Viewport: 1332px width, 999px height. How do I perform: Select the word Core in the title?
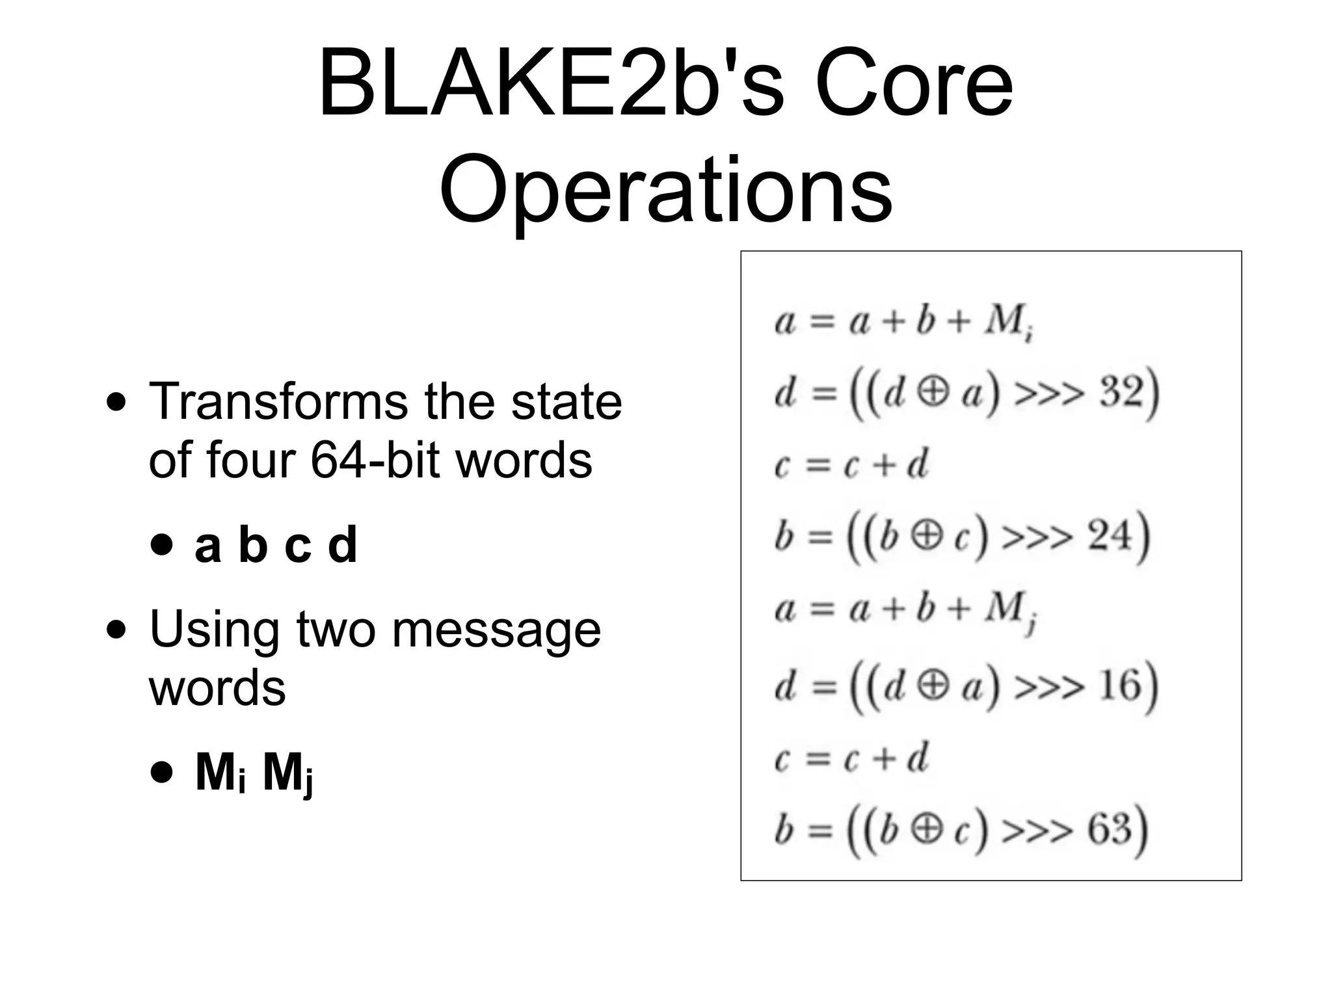913,85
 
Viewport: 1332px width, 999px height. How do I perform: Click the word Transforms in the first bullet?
279,402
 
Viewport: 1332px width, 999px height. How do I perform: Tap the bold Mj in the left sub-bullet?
287,774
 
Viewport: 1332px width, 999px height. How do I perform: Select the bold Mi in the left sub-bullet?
220,774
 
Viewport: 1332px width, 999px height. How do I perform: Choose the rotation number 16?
1120,686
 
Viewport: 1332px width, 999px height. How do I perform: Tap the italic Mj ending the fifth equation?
1009,611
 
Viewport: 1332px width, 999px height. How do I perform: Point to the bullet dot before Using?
116,630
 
